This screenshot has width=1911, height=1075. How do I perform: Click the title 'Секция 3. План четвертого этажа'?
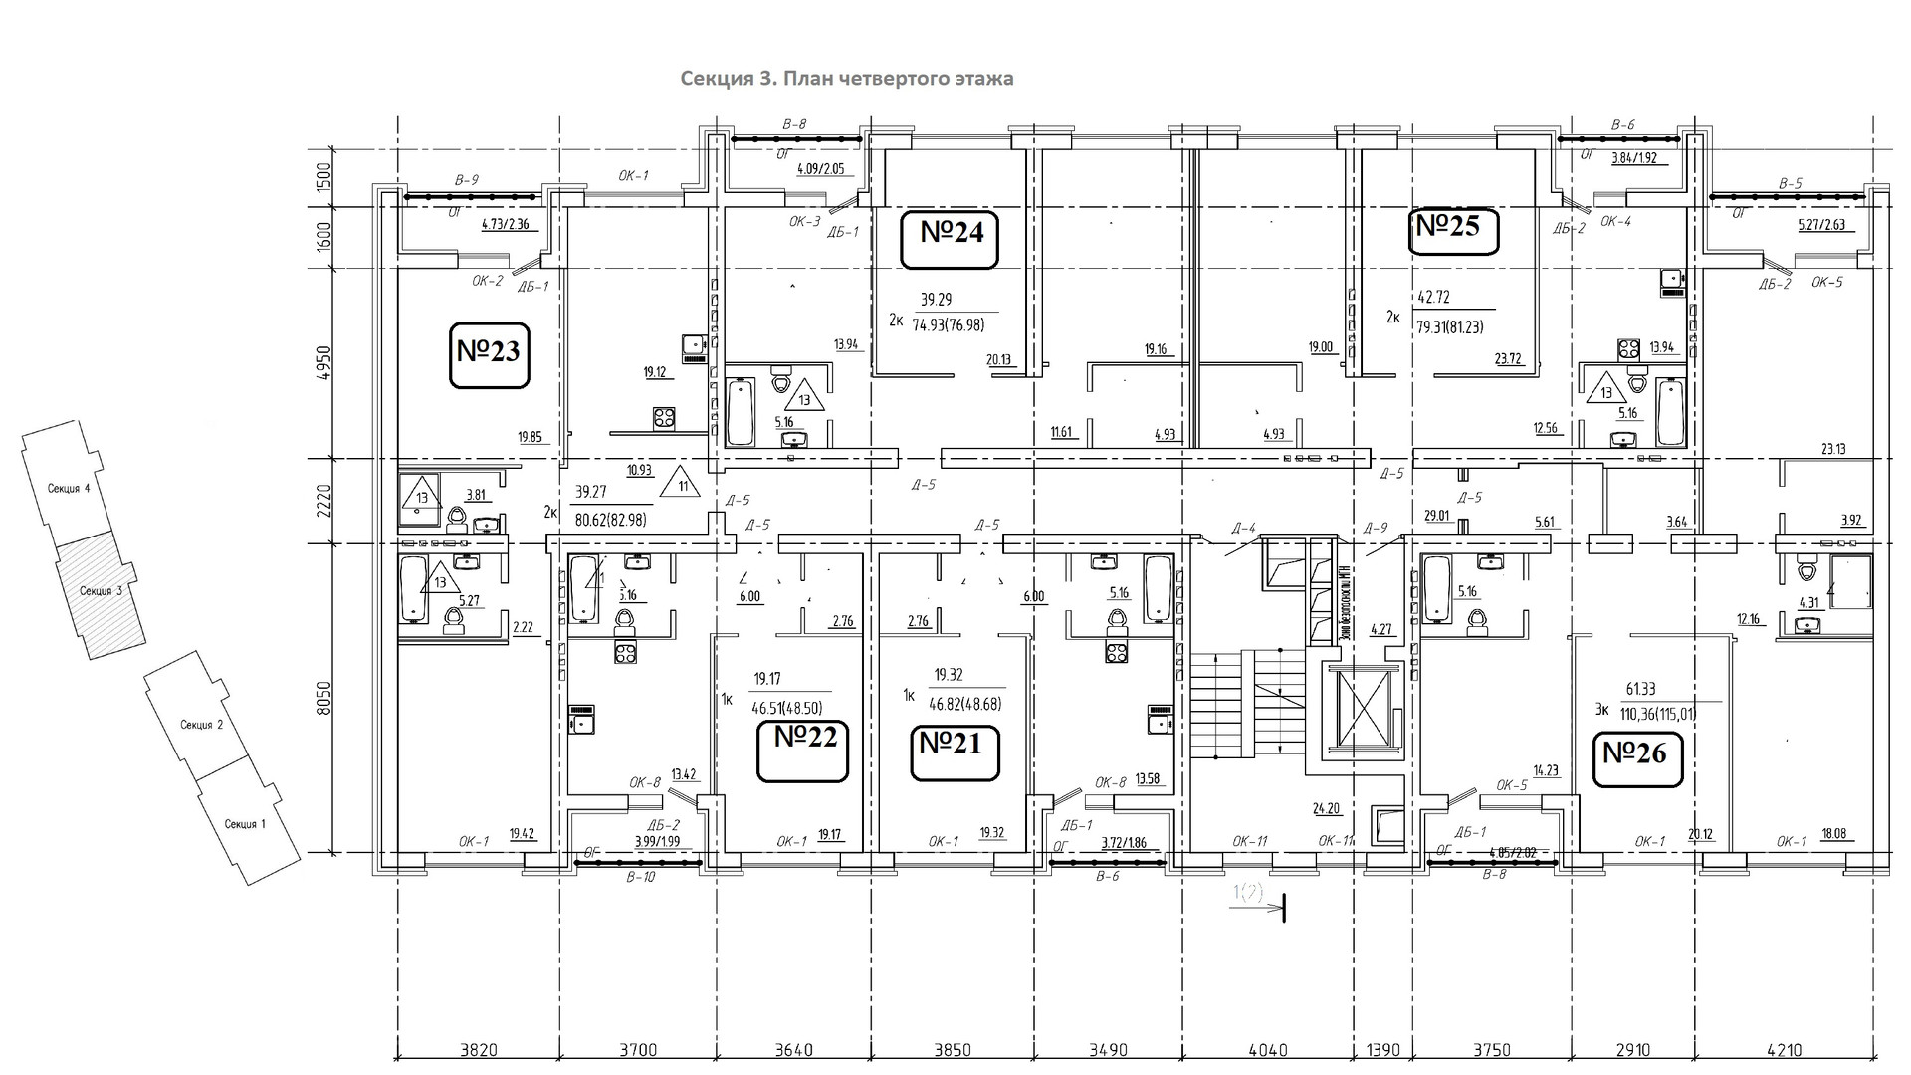(847, 79)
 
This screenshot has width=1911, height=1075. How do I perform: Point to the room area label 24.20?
(1325, 809)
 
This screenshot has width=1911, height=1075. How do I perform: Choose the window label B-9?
(466, 180)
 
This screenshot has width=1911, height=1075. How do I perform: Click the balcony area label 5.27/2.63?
(1821, 225)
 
